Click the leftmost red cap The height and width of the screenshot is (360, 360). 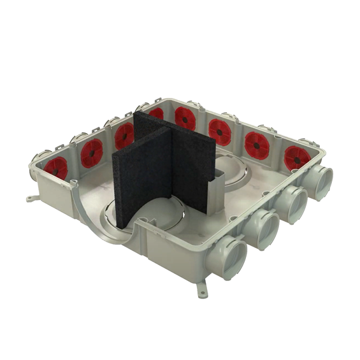(56, 167)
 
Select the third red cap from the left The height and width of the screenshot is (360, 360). (124, 135)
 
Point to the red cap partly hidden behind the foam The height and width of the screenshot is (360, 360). (156, 113)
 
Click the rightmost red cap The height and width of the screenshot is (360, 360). (297, 157)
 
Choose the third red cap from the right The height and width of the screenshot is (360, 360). (220, 131)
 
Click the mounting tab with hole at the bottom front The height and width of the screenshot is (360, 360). (203, 292)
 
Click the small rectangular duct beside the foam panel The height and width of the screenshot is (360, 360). (217, 185)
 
